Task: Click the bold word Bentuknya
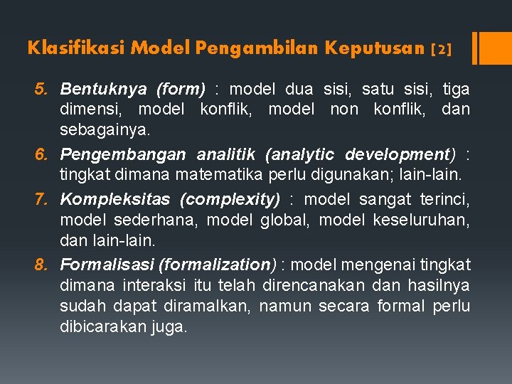104,90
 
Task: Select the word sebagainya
105,131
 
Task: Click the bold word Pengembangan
123,154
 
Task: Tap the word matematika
227,176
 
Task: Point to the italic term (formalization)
218,265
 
